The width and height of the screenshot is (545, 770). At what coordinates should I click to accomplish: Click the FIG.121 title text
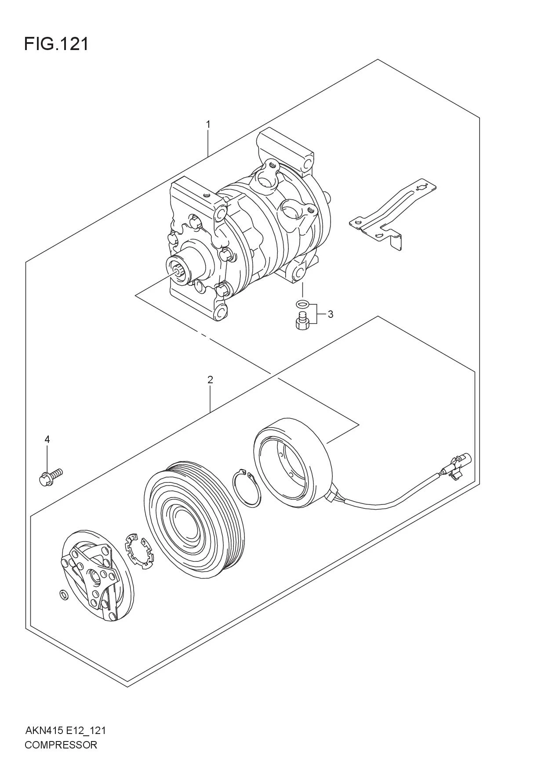pyautogui.click(x=56, y=44)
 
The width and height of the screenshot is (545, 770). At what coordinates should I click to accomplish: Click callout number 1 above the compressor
pyautogui.click(x=208, y=125)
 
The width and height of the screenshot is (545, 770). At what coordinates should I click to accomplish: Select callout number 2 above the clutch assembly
pyautogui.click(x=210, y=380)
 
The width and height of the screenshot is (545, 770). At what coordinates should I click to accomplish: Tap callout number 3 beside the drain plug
pyautogui.click(x=330, y=314)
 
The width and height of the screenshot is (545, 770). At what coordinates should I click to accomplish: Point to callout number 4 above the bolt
pyautogui.click(x=47, y=439)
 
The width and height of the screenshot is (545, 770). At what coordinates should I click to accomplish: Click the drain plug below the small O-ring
pyautogui.click(x=302, y=320)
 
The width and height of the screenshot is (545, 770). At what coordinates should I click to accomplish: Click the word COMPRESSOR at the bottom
pyautogui.click(x=61, y=745)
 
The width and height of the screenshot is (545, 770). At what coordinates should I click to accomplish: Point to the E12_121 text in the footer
pyautogui.click(x=86, y=731)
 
